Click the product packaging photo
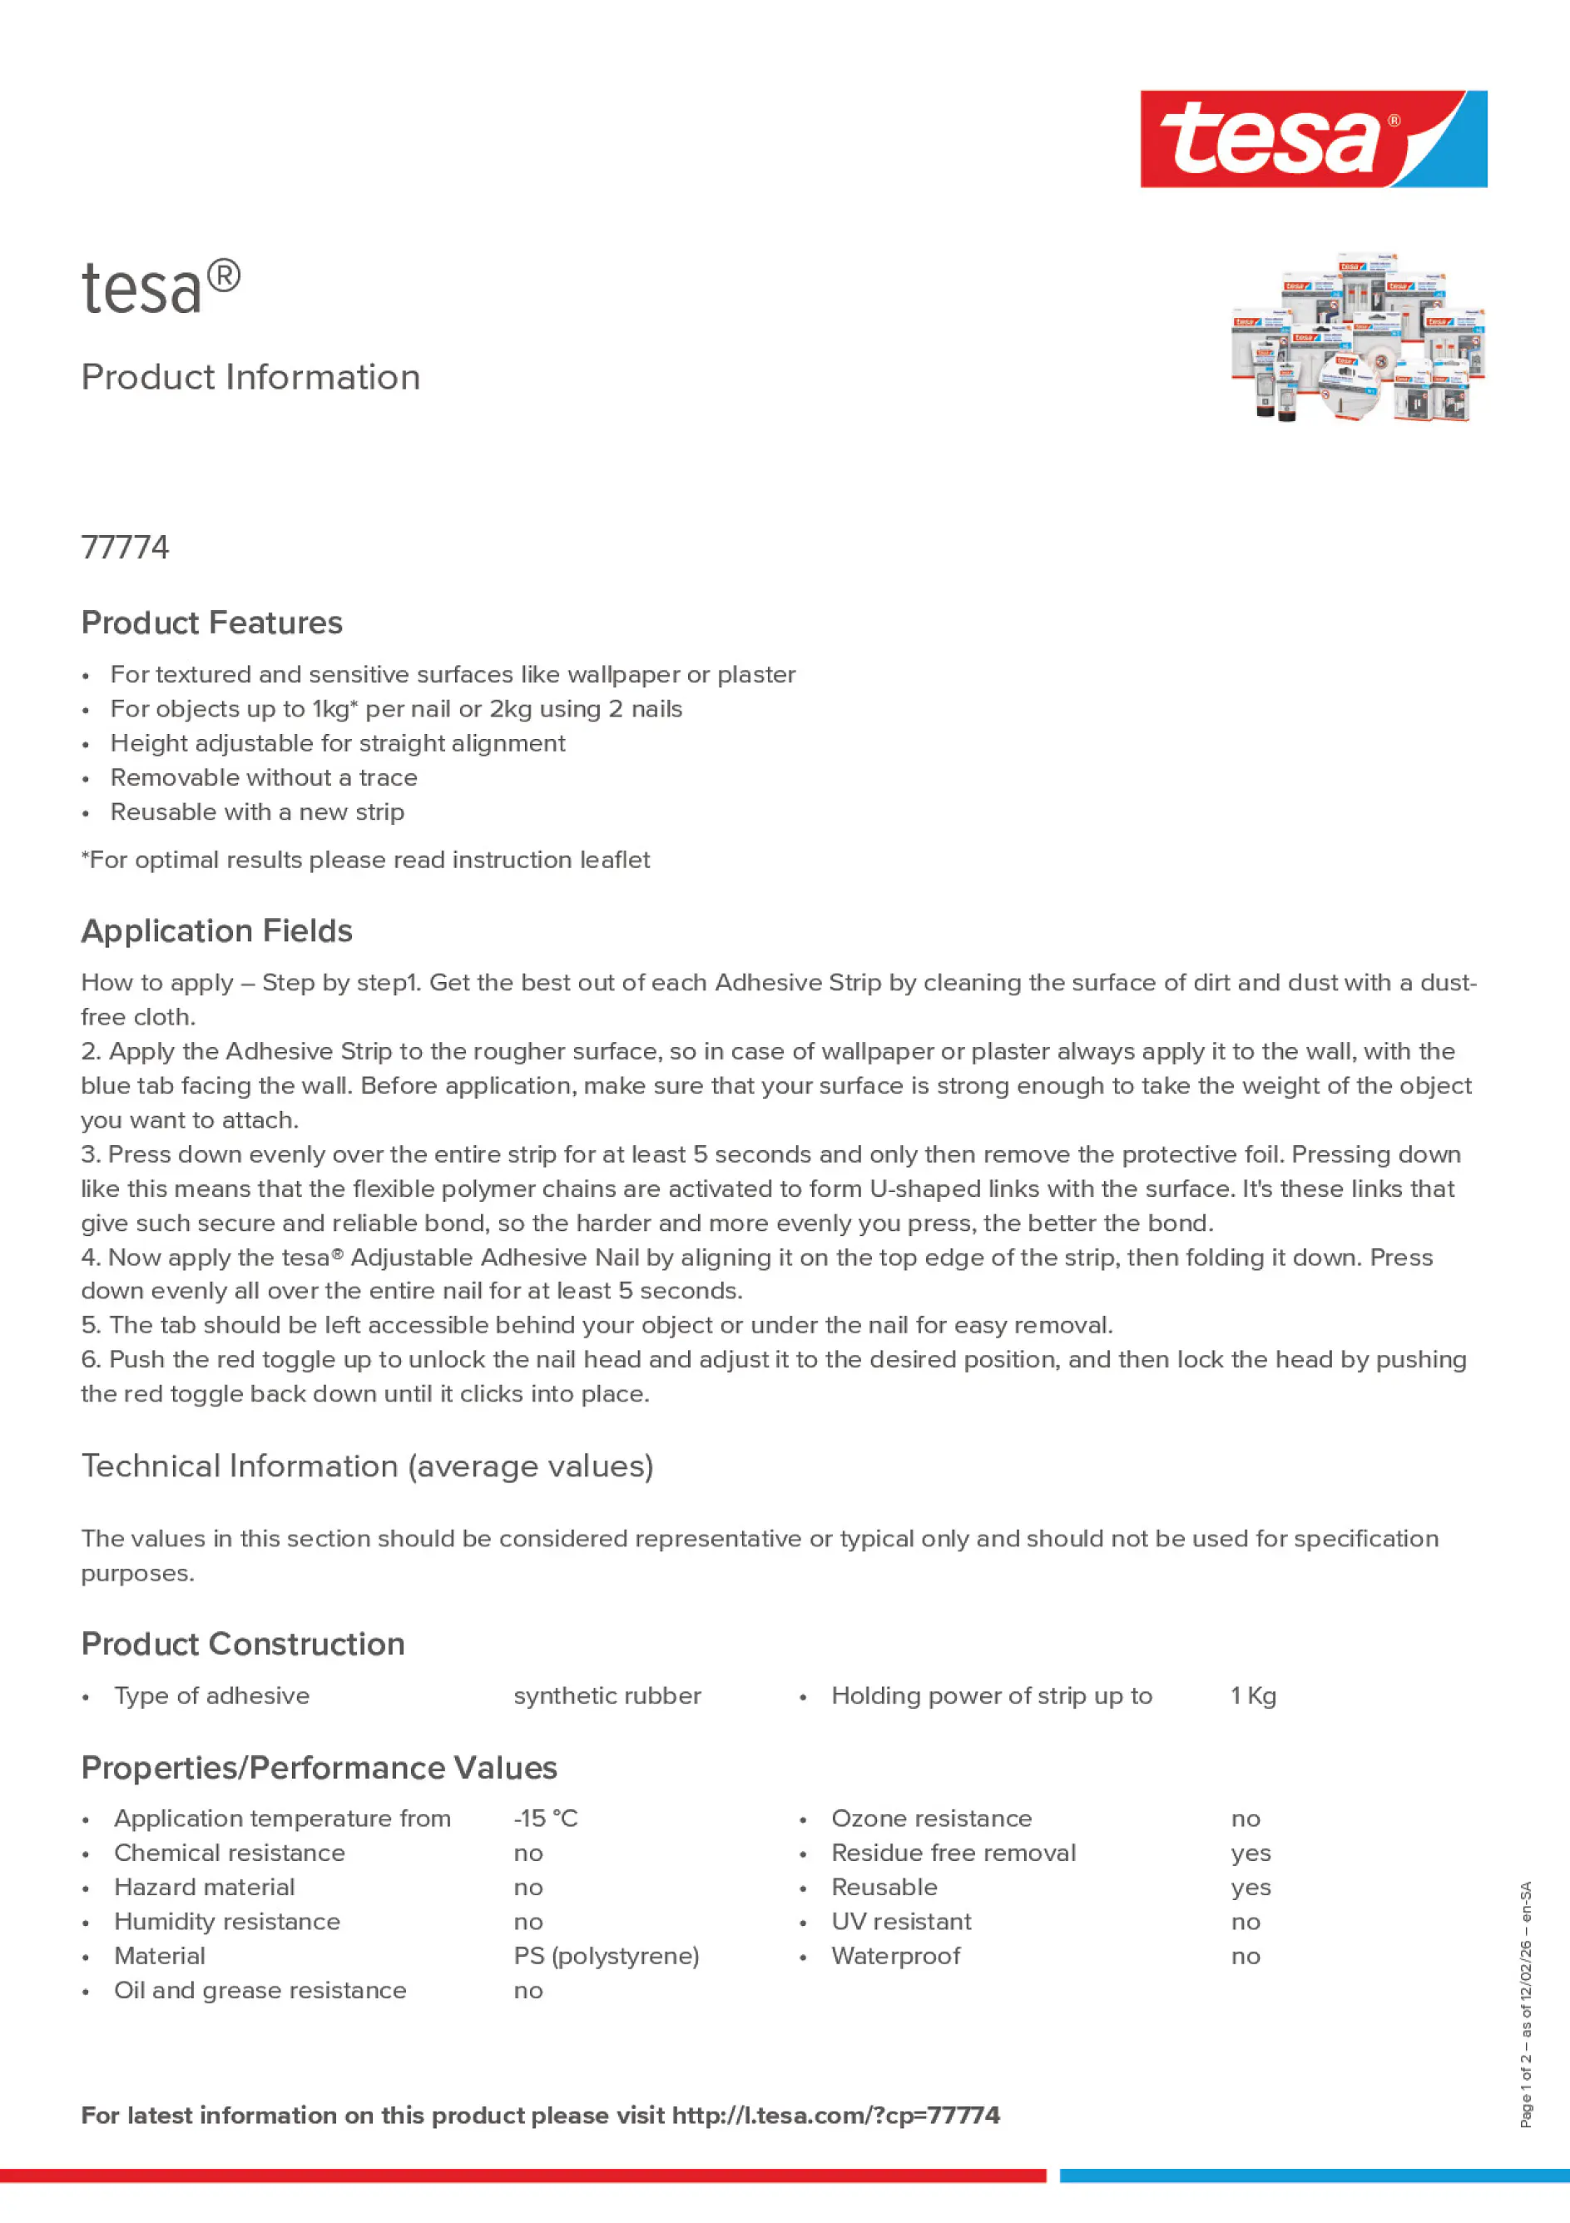[1357, 339]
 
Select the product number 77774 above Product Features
[125, 548]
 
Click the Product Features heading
[211, 623]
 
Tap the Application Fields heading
[217, 930]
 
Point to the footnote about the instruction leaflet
[365, 860]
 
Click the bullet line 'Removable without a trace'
[263, 777]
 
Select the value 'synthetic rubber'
[607, 1695]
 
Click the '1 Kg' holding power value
[1252, 1695]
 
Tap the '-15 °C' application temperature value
[545, 1819]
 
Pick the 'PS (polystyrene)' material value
[606, 1956]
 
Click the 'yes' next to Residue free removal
[1251, 1853]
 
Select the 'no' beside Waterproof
[1245, 1956]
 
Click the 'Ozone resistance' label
[931, 1819]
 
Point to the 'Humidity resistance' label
[226, 1921]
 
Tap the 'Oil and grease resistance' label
[260, 1990]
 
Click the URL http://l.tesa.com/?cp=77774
[835, 2116]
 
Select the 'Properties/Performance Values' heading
[319, 1768]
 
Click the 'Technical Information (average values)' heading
[367, 1466]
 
